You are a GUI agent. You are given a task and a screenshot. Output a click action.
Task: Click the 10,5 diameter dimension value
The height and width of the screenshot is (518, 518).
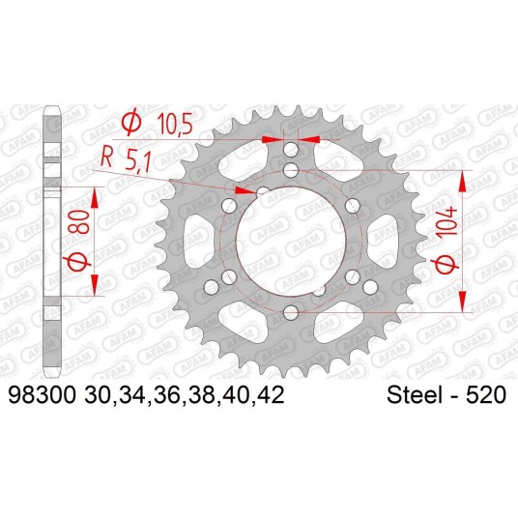pos(175,124)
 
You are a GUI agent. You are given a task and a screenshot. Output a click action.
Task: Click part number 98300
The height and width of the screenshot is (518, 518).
pos(42,394)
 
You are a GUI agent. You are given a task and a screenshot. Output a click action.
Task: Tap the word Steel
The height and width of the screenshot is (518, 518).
pos(416,394)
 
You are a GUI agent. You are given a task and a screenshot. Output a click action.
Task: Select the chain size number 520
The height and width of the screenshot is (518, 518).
pos(486,394)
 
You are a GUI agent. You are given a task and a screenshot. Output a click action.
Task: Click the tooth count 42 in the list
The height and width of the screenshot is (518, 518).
pos(273,394)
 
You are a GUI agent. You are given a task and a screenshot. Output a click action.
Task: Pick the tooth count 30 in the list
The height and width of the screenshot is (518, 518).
pos(96,394)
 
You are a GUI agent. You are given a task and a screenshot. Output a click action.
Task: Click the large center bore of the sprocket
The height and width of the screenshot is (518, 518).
pos(291,242)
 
